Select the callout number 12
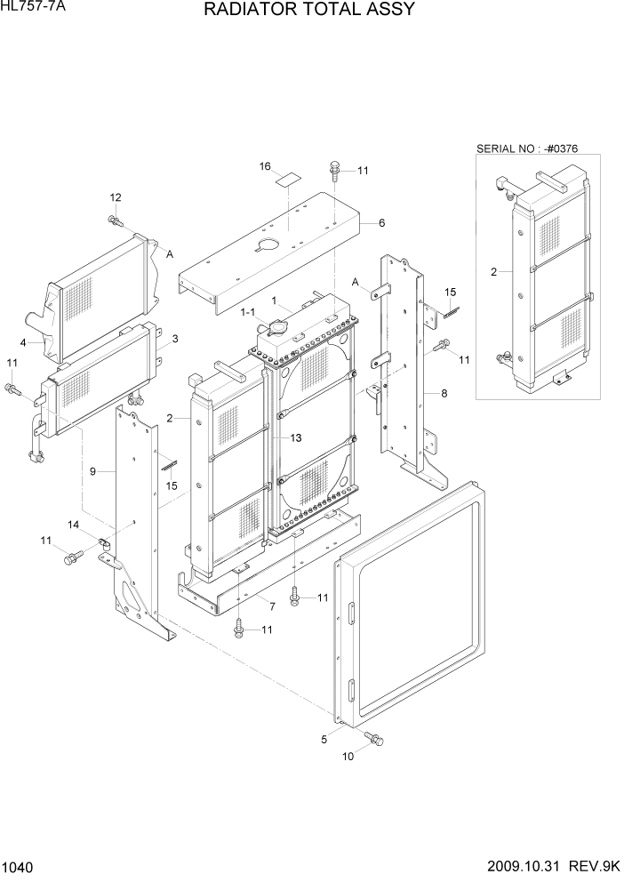click(x=116, y=196)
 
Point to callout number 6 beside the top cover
click(x=381, y=222)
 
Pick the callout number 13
click(x=296, y=438)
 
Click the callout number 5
click(x=325, y=737)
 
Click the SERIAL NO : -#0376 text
click(x=527, y=148)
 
